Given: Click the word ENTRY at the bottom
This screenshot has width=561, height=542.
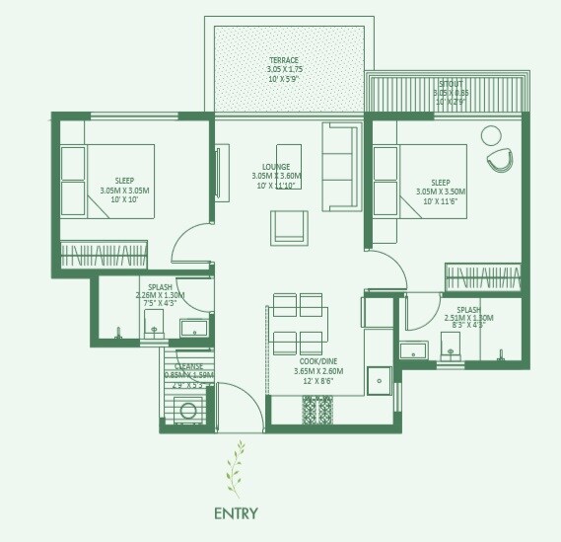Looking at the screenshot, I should point(236,512).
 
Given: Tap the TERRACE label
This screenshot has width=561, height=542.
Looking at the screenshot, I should point(283,61).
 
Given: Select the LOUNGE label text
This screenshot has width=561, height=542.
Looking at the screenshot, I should point(275,167).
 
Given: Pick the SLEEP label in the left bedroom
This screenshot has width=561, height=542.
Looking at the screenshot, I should point(124,181).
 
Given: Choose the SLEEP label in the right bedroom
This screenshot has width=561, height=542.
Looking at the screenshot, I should point(440,182).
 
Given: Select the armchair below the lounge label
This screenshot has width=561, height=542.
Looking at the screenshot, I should point(289,228).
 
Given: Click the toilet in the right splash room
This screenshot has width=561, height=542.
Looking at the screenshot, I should point(452,344).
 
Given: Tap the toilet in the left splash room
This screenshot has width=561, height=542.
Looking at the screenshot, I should point(153,325).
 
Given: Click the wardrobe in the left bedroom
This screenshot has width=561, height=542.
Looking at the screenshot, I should point(104,251).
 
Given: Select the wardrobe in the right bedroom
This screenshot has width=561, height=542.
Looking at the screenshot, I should point(482,277).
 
